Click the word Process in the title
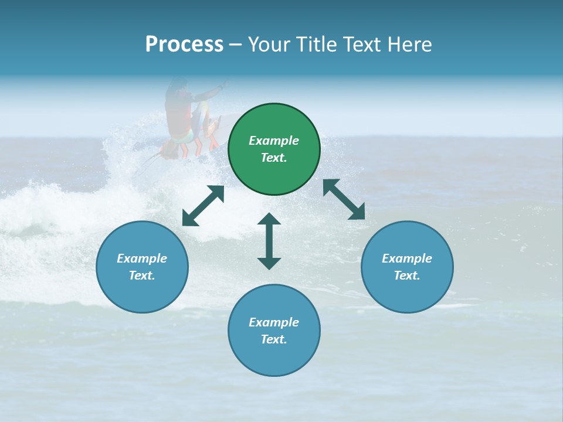pyautogui.click(x=184, y=45)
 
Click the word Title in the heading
pyautogui.click(x=315, y=45)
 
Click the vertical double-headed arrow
pyautogui.click(x=269, y=241)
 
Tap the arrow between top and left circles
pyautogui.click(x=203, y=206)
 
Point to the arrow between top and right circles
pyautogui.click(x=344, y=199)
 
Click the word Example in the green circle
pyautogui.click(x=274, y=141)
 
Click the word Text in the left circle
pyautogui.click(x=142, y=275)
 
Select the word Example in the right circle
pyautogui.click(x=407, y=258)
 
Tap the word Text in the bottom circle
pyautogui.click(x=274, y=339)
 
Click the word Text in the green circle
pyautogui.click(x=274, y=158)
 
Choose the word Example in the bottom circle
pyautogui.click(x=274, y=322)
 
